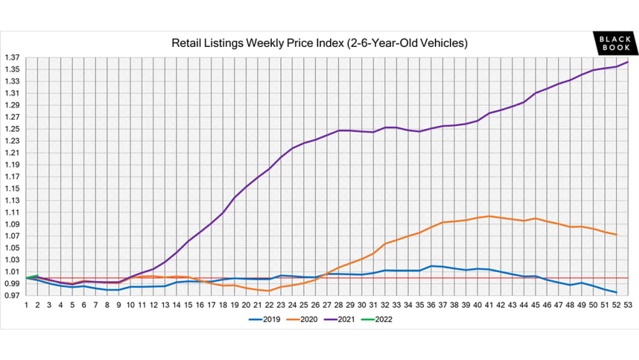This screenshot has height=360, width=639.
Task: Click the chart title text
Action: tap(319, 44)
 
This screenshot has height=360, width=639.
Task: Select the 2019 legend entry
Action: tap(268, 320)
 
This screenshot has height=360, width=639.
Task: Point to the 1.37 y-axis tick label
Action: tap(12, 57)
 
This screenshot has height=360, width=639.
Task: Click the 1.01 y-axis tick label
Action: tap(12, 272)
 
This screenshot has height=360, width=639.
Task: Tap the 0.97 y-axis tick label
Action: tap(12, 295)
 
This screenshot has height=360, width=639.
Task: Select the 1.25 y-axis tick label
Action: tap(12, 129)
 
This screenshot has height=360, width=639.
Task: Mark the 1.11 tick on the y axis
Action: tap(12, 213)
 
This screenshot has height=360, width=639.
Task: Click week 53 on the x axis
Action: tap(628, 305)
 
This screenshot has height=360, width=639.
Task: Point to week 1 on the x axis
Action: tap(26, 305)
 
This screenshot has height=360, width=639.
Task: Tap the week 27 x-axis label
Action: tap(327, 305)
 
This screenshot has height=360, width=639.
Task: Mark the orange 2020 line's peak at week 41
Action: tap(489, 216)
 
